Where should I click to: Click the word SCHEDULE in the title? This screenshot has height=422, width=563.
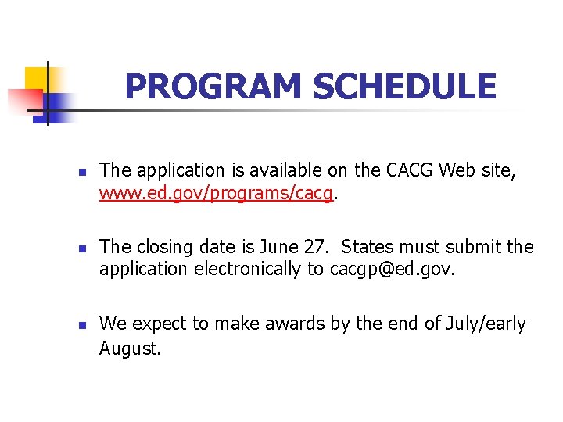pyautogui.click(x=404, y=87)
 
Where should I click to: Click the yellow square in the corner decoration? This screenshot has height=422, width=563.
pyautogui.click(x=36, y=79)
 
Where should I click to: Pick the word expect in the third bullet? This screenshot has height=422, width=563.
pyautogui.click(x=156, y=324)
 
